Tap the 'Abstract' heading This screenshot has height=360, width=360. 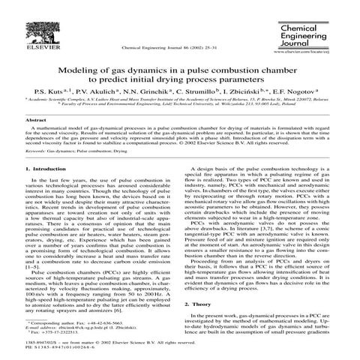tap(37, 120)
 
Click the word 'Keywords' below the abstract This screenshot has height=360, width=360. tap(37, 151)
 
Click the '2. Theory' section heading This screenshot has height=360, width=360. tap(198, 305)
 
